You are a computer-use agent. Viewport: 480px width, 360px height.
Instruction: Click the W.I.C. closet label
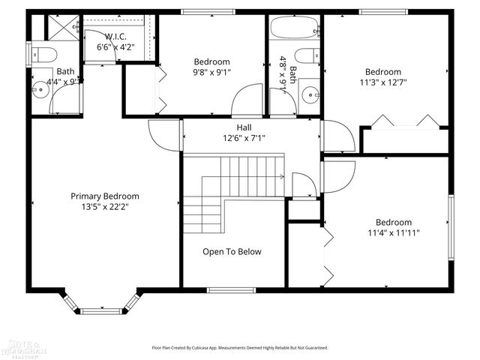(115, 37)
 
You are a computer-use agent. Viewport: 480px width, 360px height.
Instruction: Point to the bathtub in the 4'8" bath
(294, 30)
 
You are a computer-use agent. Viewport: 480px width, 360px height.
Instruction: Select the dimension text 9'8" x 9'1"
(211, 73)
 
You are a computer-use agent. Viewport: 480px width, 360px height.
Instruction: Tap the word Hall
(244, 127)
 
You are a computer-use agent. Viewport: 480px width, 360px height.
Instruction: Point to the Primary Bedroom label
(105, 196)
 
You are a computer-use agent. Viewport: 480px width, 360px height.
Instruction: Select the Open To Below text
(232, 252)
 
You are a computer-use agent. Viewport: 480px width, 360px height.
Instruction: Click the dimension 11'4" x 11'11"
(394, 233)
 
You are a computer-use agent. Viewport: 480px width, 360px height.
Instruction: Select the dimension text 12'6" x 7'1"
(244, 138)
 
